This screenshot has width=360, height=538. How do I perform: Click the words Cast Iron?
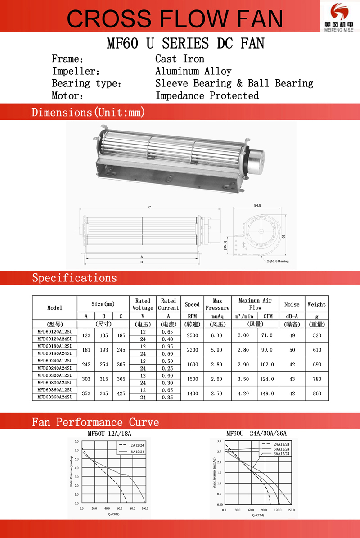tap(180, 59)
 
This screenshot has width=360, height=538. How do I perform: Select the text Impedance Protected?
tap(207, 95)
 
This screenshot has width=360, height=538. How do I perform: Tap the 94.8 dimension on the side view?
tap(257, 205)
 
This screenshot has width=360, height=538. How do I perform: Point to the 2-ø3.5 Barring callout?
tap(277, 261)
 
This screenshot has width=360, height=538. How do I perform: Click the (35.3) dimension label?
tap(225, 245)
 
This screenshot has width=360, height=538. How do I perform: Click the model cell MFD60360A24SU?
tap(54, 397)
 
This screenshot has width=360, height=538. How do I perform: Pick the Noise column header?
tap(292, 304)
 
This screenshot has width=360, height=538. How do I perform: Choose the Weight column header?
tap(316, 304)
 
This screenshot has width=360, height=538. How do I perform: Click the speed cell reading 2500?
tap(192, 335)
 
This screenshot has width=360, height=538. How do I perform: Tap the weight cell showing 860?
tap(317, 393)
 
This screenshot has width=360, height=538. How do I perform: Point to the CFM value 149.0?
tap(267, 393)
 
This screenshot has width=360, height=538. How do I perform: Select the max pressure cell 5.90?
tap(217, 350)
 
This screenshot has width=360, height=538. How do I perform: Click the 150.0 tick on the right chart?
tap(291, 510)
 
